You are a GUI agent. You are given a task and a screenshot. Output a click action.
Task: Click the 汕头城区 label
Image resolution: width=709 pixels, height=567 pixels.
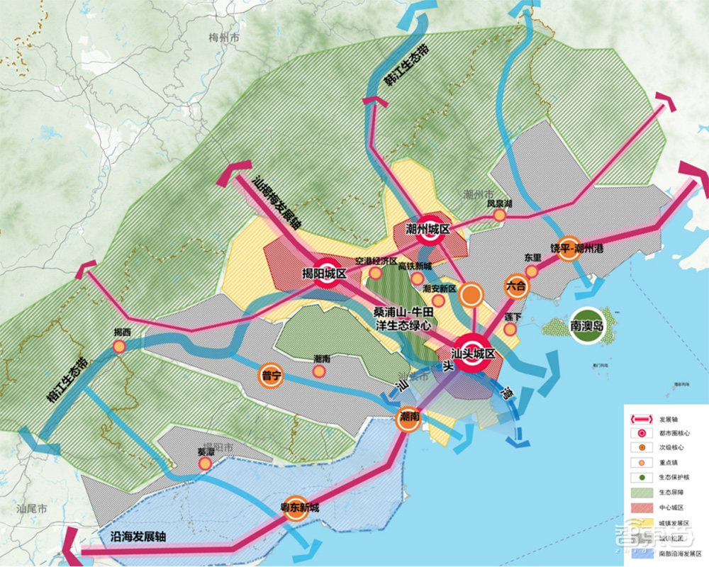tap(474, 354)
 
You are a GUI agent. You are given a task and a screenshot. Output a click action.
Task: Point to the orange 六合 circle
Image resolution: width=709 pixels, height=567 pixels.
tap(517, 286)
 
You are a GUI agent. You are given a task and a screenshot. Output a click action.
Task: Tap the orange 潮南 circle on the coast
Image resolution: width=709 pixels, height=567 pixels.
tap(411, 417)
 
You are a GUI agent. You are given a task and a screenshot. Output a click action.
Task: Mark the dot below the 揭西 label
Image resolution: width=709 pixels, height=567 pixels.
tap(120, 346)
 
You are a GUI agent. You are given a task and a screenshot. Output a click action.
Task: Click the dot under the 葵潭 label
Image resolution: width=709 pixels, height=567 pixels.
tap(205, 464)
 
